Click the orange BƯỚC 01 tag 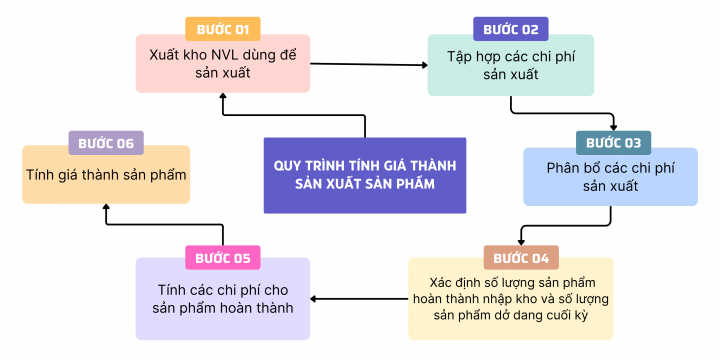click(223, 29)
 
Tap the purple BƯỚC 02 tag click(510, 29)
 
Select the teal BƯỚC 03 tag click(613, 142)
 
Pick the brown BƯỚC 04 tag click(521, 257)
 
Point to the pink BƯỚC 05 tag click(223, 257)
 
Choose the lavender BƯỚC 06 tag click(106, 143)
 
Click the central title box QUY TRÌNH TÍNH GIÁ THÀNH click(365, 175)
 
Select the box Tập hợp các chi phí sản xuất click(510, 66)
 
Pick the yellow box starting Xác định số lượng click(510, 298)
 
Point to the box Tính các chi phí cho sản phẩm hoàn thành click(223, 299)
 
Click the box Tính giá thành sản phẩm click(106, 176)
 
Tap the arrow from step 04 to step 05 click(360, 297)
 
